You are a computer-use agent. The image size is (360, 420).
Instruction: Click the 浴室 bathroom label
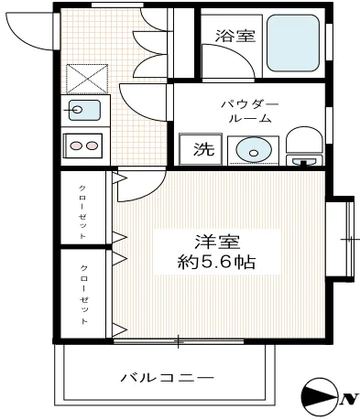point(235,36)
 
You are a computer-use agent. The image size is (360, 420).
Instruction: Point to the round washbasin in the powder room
point(248,150)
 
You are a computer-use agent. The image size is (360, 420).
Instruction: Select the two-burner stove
point(84,145)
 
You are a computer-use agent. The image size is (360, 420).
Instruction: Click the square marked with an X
point(85,78)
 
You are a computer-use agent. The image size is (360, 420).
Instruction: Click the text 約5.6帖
point(216,263)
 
